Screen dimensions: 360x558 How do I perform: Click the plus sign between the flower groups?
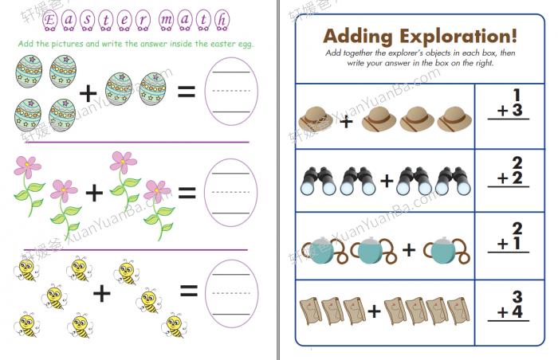click(x=95, y=192)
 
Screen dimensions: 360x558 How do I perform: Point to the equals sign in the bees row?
click(x=188, y=292)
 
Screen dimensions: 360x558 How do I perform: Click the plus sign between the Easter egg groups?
click(x=88, y=93)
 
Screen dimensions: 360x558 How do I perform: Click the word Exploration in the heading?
click(x=454, y=36)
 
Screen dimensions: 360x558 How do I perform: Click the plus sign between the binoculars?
click(x=387, y=181)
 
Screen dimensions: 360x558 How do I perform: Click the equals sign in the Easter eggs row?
click(x=187, y=92)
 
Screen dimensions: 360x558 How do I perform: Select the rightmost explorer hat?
click(x=455, y=119)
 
